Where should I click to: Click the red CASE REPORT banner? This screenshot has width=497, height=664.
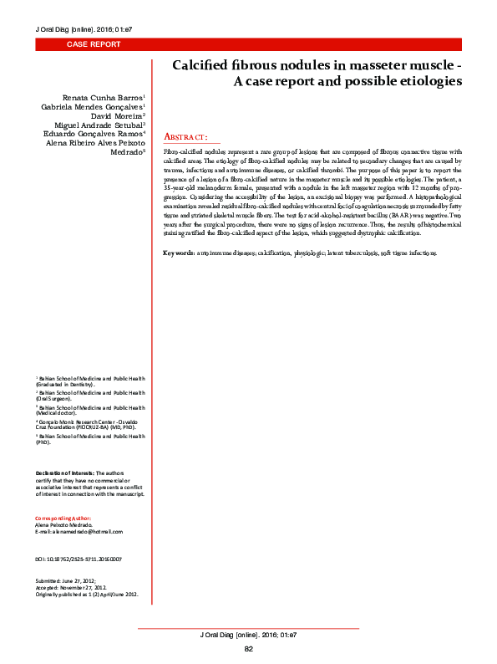click(94, 44)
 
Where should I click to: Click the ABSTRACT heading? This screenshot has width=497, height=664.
click(185, 136)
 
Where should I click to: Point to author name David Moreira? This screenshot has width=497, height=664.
click(117, 115)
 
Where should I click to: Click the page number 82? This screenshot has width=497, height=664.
click(248, 649)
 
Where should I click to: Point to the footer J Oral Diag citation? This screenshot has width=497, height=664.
click(249, 636)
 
